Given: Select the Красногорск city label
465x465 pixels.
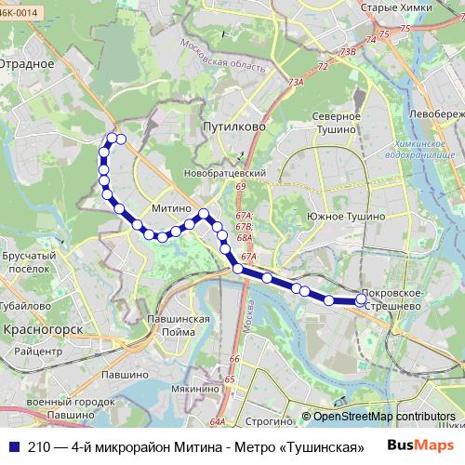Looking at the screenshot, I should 44,329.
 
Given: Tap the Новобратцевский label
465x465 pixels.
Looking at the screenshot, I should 226,173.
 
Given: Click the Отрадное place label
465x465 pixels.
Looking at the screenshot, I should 29,64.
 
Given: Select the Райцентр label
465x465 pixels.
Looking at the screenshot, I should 37,352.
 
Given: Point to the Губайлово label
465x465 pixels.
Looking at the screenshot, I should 25,304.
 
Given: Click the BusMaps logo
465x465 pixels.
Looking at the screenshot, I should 421,445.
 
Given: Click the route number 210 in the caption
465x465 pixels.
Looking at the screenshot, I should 40,445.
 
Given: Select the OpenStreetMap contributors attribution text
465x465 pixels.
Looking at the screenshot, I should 384,417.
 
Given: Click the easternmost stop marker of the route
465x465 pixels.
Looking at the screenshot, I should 362,299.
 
